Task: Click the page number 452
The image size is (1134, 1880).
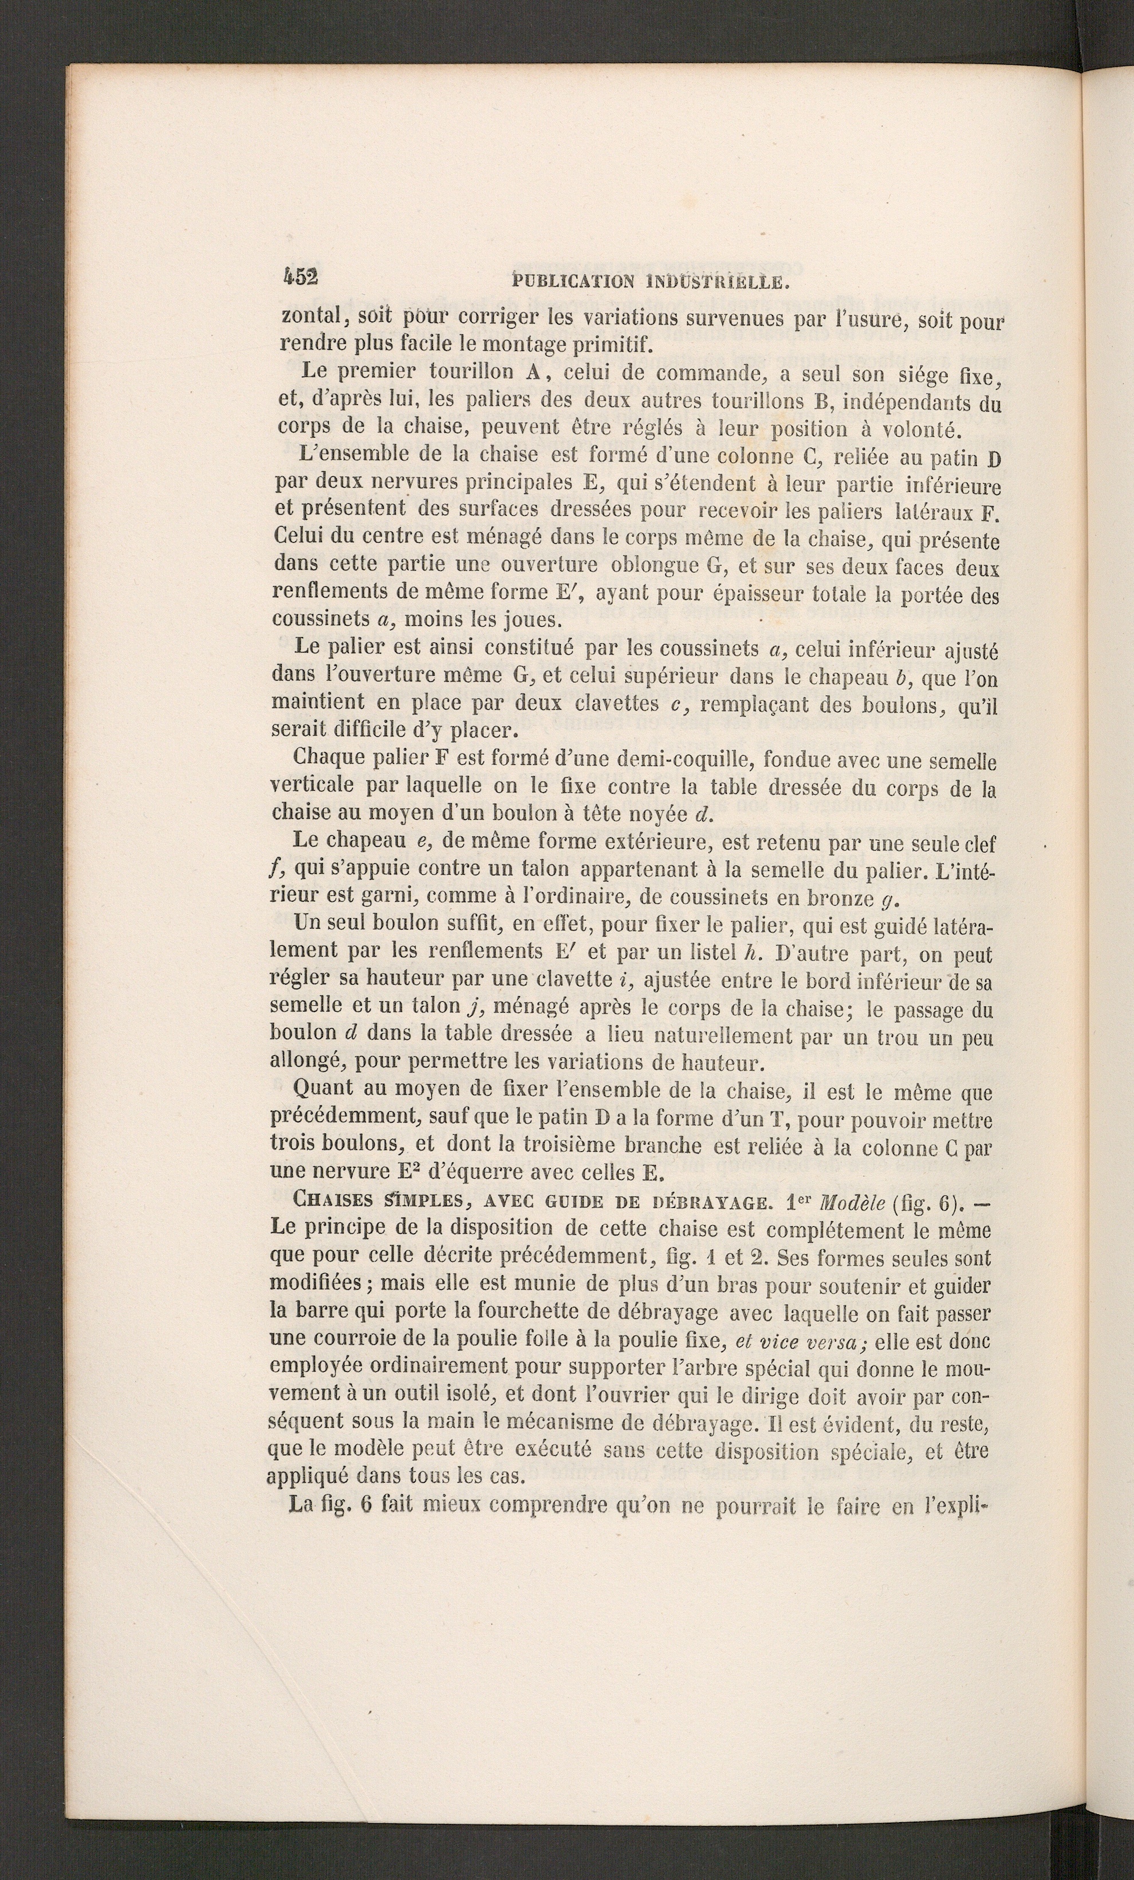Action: (x=300, y=277)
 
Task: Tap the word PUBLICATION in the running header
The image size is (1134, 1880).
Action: (x=573, y=282)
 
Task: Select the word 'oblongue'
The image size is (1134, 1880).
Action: (x=656, y=567)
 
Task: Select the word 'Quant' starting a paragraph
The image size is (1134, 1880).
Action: (x=324, y=1089)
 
